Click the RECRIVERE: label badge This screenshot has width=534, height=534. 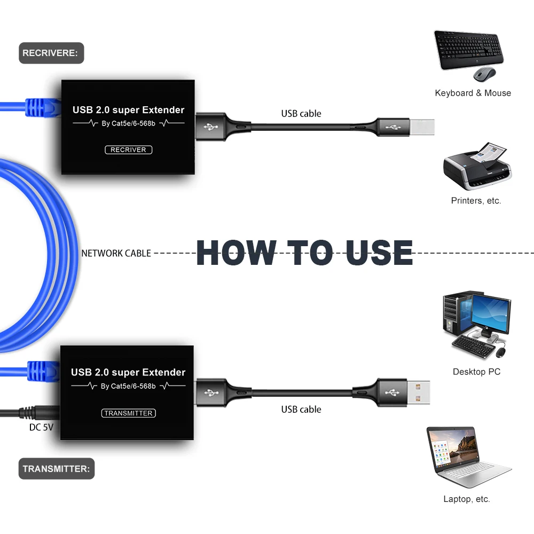pos(51,53)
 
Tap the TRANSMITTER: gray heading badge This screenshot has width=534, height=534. pos(56,469)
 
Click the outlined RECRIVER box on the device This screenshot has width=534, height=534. pos(128,150)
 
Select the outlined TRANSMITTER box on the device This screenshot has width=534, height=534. pos(129,413)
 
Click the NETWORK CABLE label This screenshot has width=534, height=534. pos(116,253)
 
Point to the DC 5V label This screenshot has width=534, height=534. pos(41,427)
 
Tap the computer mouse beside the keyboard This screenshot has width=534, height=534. pos(484,74)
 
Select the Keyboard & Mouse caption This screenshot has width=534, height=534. pos(473,93)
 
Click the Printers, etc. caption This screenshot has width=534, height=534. pos(476,201)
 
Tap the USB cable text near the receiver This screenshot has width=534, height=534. pos(301,113)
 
